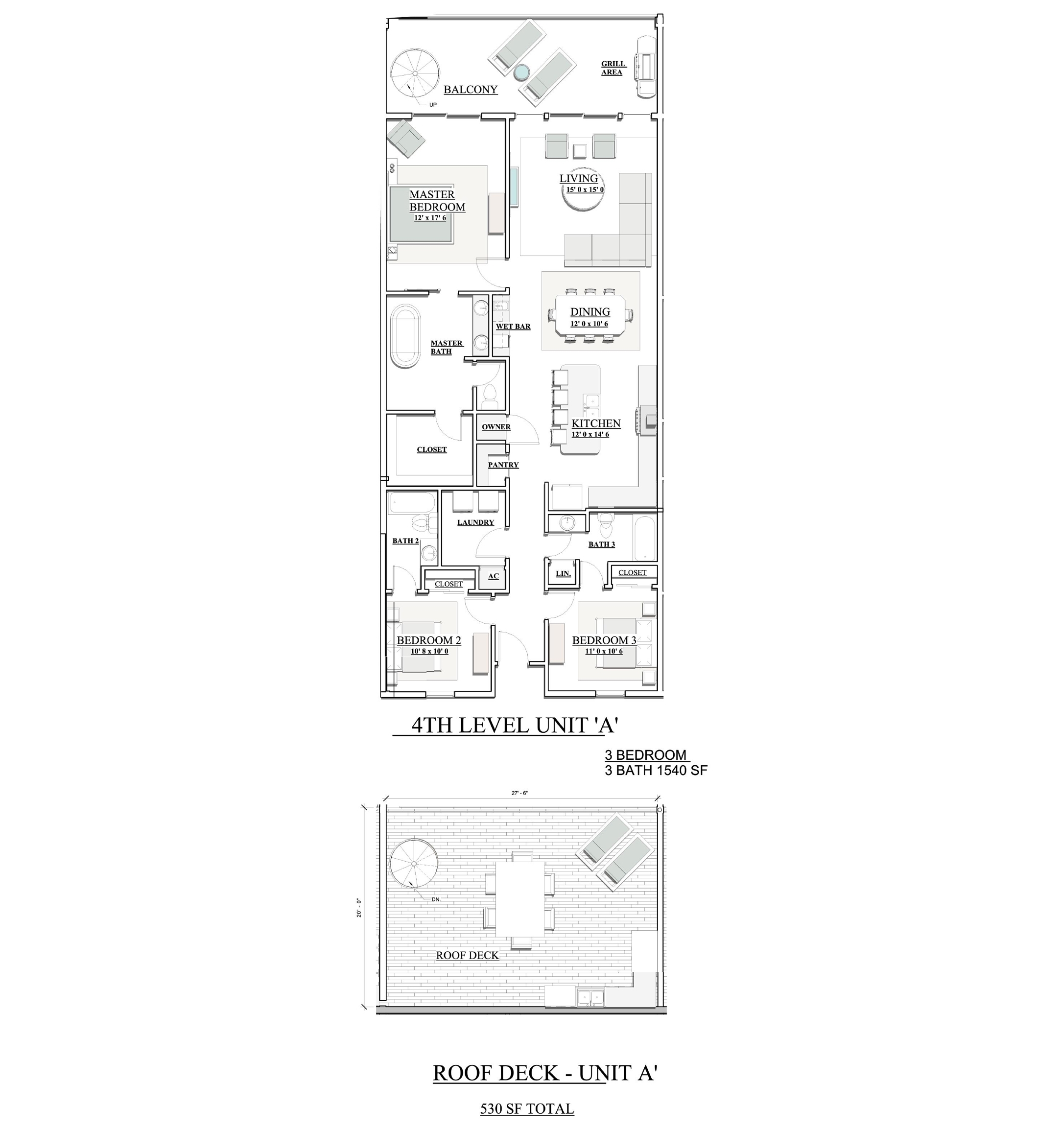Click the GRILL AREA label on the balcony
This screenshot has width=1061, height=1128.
tap(613, 68)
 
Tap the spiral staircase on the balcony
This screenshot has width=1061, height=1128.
tap(414, 73)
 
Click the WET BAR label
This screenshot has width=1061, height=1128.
tap(513, 326)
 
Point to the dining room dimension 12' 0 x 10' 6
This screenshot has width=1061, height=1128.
tap(589, 324)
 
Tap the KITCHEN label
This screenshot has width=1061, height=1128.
tap(596, 423)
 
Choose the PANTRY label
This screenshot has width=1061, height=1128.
tap(503, 465)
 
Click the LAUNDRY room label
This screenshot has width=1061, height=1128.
tap(475, 522)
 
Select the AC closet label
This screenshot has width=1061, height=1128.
tap(494, 576)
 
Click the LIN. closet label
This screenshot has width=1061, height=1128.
tap(563, 574)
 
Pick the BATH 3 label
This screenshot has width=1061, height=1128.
tap(601, 544)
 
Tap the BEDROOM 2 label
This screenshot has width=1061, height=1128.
tap(429, 640)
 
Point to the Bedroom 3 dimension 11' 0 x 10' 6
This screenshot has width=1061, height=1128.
tap(604, 651)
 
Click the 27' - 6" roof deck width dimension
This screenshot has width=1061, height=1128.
tap(519, 793)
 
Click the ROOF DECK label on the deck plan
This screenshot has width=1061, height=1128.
tap(467, 955)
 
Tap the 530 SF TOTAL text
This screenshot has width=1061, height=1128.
tap(527, 1108)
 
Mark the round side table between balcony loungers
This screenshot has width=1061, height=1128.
tap(521, 72)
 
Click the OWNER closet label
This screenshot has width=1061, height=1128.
tap(496, 427)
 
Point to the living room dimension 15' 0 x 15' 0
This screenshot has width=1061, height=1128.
tap(585, 189)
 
